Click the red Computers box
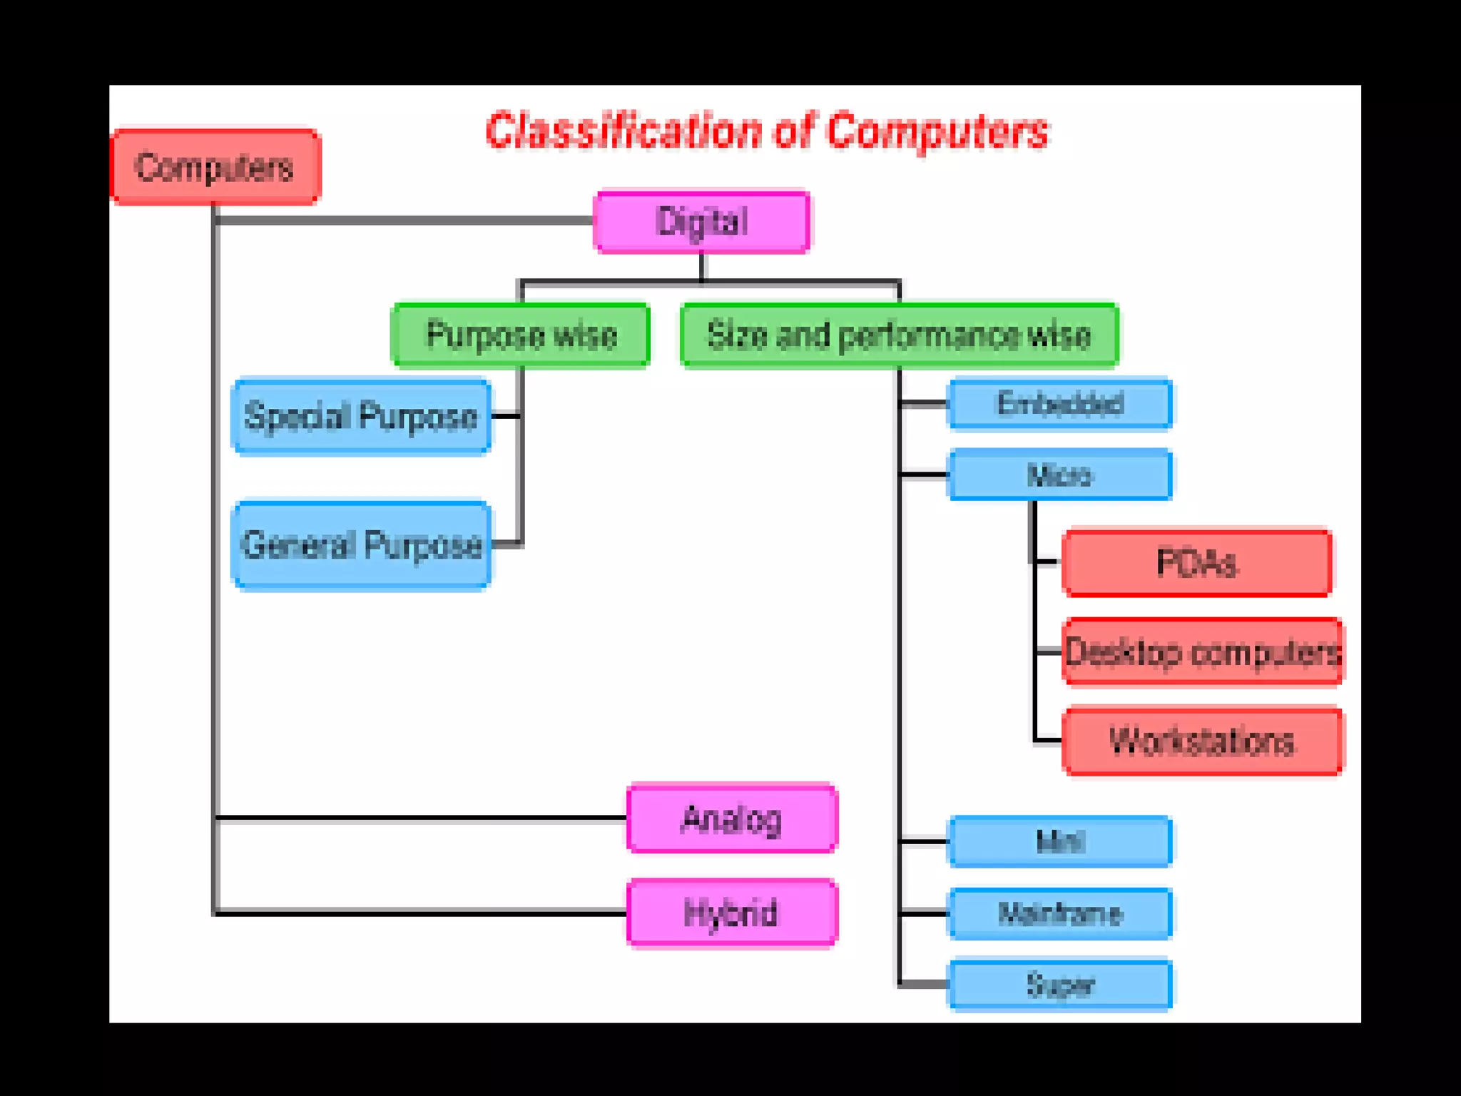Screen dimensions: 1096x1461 coord(215,168)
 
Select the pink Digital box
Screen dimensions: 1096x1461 coord(702,222)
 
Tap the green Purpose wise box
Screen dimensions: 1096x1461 coord(521,335)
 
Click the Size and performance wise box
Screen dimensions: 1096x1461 coord(899,335)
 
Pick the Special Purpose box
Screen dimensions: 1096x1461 coord(362,416)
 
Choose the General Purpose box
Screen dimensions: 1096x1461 coord(362,545)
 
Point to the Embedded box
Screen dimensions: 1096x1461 coord(1059,404)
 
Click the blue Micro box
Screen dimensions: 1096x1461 coord(1059,475)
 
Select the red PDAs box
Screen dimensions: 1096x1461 coord(1196,563)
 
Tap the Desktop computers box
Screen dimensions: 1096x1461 coord(1203,652)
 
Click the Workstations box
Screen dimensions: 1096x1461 coord(1203,741)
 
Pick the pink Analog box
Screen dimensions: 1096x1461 coord(732,818)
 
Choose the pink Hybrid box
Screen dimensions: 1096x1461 coord(732,913)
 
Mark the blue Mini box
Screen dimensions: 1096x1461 coord(1059,842)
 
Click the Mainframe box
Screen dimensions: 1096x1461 coord(1059,913)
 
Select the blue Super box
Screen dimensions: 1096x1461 coord(1059,985)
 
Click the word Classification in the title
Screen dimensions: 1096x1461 coord(623,132)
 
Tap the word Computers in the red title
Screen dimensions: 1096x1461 coord(937,132)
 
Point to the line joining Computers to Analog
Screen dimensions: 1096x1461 coord(421,818)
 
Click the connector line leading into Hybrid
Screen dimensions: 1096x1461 coord(421,913)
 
